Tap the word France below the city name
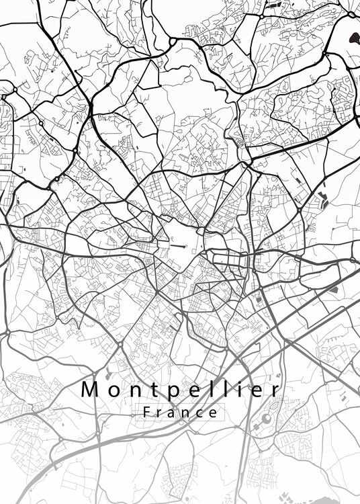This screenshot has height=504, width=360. coord(181,412)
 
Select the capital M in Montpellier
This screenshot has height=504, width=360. coord(90,389)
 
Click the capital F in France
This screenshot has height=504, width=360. coord(147,412)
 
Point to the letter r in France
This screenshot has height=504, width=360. coord(160,413)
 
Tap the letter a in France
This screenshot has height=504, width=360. coord(173,413)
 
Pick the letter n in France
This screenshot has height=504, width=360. coord(187,413)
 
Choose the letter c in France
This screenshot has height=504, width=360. coord(201,413)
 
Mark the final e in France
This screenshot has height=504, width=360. coord(214,413)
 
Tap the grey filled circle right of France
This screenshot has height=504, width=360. coord(266,419)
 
